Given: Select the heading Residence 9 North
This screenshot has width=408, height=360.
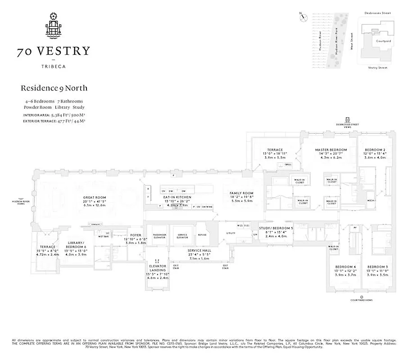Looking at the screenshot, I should pyautogui.click(x=54, y=88).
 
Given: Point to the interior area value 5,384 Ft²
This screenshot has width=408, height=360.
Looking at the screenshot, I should pyautogui.click(x=66, y=115).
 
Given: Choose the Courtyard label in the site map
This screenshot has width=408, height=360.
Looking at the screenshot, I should pyautogui.click(x=383, y=41).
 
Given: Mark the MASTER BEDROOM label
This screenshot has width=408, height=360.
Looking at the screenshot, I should pyautogui.click(x=331, y=150).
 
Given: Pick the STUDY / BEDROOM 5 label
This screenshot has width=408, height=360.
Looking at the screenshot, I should pyautogui.click(x=276, y=228).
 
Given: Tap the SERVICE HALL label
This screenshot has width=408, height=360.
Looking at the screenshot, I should pyautogui.click(x=198, y=250).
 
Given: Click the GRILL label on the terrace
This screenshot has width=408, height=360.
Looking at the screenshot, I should pyautogui.click(x=288, y=165).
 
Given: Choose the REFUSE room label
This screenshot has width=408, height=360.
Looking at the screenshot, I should pyautogui.click(x=203, y=234).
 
